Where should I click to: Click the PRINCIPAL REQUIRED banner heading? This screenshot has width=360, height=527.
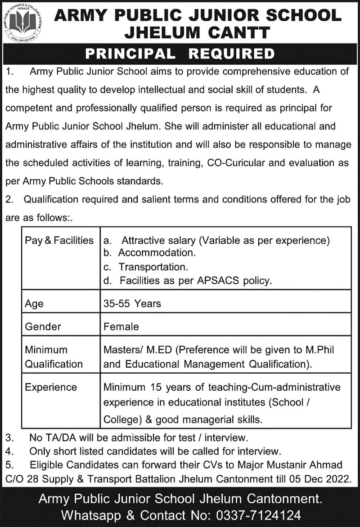point(180,54)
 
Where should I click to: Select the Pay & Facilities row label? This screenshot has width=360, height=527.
point(59,241)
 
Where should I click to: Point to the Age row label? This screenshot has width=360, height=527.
point(34,304)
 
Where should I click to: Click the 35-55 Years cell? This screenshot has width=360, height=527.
point(132,304)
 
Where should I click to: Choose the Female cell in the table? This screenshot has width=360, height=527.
point(121,326)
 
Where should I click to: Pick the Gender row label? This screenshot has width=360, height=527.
point(43,326)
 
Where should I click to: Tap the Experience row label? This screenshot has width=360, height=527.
point(51,387)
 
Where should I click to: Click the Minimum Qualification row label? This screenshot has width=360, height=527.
point(54,357)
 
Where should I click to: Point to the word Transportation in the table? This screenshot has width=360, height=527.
point(153,267)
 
